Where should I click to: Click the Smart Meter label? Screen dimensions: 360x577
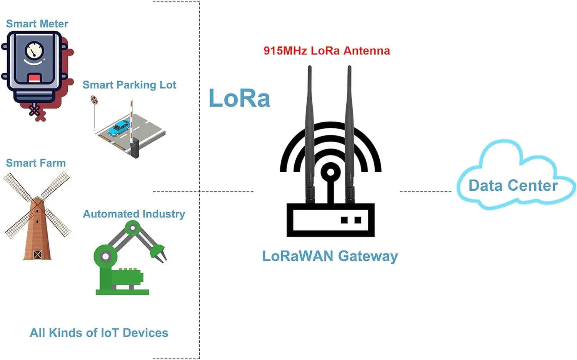pyautogui.click(x=37, y=24)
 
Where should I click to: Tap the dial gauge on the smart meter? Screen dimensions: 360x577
pyautogui.click(x=34, y=50)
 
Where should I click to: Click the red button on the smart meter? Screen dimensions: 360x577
pyautogui.click(x=34, y=78)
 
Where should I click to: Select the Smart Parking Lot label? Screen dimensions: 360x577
pyautogui.click(x=129, y=85)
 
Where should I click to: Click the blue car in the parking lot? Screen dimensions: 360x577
pyautogui.click(x=118, y=128)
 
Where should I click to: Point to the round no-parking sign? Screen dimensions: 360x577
pyautogui.click(x=94, y=100)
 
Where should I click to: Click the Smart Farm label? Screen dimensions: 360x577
pyautogui.click(x=36, y=163)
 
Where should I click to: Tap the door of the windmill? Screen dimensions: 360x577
pyautogui.click(x=37, y=254)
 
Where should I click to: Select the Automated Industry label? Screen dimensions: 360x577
pyautogui.click(x=134, y=214)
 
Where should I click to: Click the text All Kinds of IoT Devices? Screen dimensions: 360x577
pyautogui.click(x=99, y=333)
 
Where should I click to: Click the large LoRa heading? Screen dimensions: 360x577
pyautogui.click(x=239, y=98)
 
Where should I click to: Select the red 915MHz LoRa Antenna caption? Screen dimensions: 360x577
pyautogui.click(x=327, y=51)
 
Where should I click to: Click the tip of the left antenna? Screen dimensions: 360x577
pyautogui.click(x=309, y=68)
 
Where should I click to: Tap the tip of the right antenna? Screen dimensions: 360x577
pyautogui.click(x=349, y=68)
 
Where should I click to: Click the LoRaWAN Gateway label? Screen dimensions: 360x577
pyautogui.click(x=330, y=256)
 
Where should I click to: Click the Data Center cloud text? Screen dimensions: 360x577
pyautogui.click(x=513, y=186)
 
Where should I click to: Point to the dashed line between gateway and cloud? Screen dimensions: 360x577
pyautogui.click(x=425, y=191)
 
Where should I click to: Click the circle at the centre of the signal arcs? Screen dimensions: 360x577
pyautogui.click(x=330, y=172)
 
